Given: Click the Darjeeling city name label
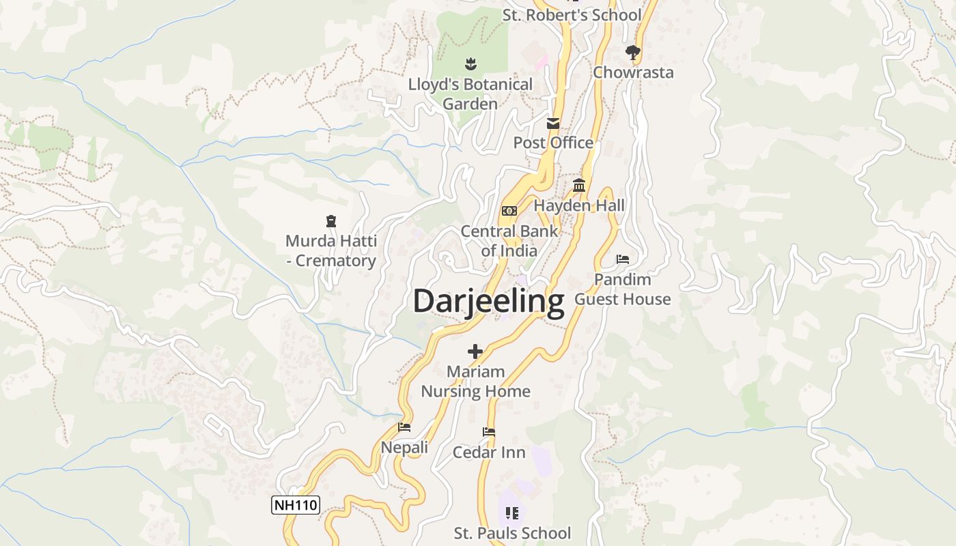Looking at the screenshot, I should [x=489, y=301].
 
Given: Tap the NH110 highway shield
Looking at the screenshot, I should [x=296, y=505].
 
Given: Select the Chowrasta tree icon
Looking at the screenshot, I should [x=633, y=52].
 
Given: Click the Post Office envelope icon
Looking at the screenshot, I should [x=553, y=124].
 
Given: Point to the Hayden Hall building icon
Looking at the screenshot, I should [x=579, y=185].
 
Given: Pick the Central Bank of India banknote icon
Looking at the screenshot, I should [x=509, y=211].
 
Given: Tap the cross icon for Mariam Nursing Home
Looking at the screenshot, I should [x=475, y=351].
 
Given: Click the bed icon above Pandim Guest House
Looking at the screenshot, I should [x=623, y=259].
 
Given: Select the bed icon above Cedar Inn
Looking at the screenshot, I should [x=489, y=432].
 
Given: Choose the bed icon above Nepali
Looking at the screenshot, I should [x=404, y=427].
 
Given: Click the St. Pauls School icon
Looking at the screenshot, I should [x=512, y=513].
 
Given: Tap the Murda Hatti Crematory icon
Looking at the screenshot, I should [x=331, y=220].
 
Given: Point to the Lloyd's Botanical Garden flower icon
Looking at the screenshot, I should [x=470, y=64].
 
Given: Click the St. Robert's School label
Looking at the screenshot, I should [x=572, y=15].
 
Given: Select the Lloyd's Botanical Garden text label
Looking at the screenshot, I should [x=470, y=94].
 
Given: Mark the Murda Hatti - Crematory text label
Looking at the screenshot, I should [x=331, y=250].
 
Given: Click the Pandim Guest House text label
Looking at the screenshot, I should [x=622, y=289].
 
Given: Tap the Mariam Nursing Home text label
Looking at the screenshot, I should [x=475, y=382].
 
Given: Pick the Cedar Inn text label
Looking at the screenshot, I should [x=489, y=452].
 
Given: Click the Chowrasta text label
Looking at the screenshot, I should [x=633, y=72].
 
